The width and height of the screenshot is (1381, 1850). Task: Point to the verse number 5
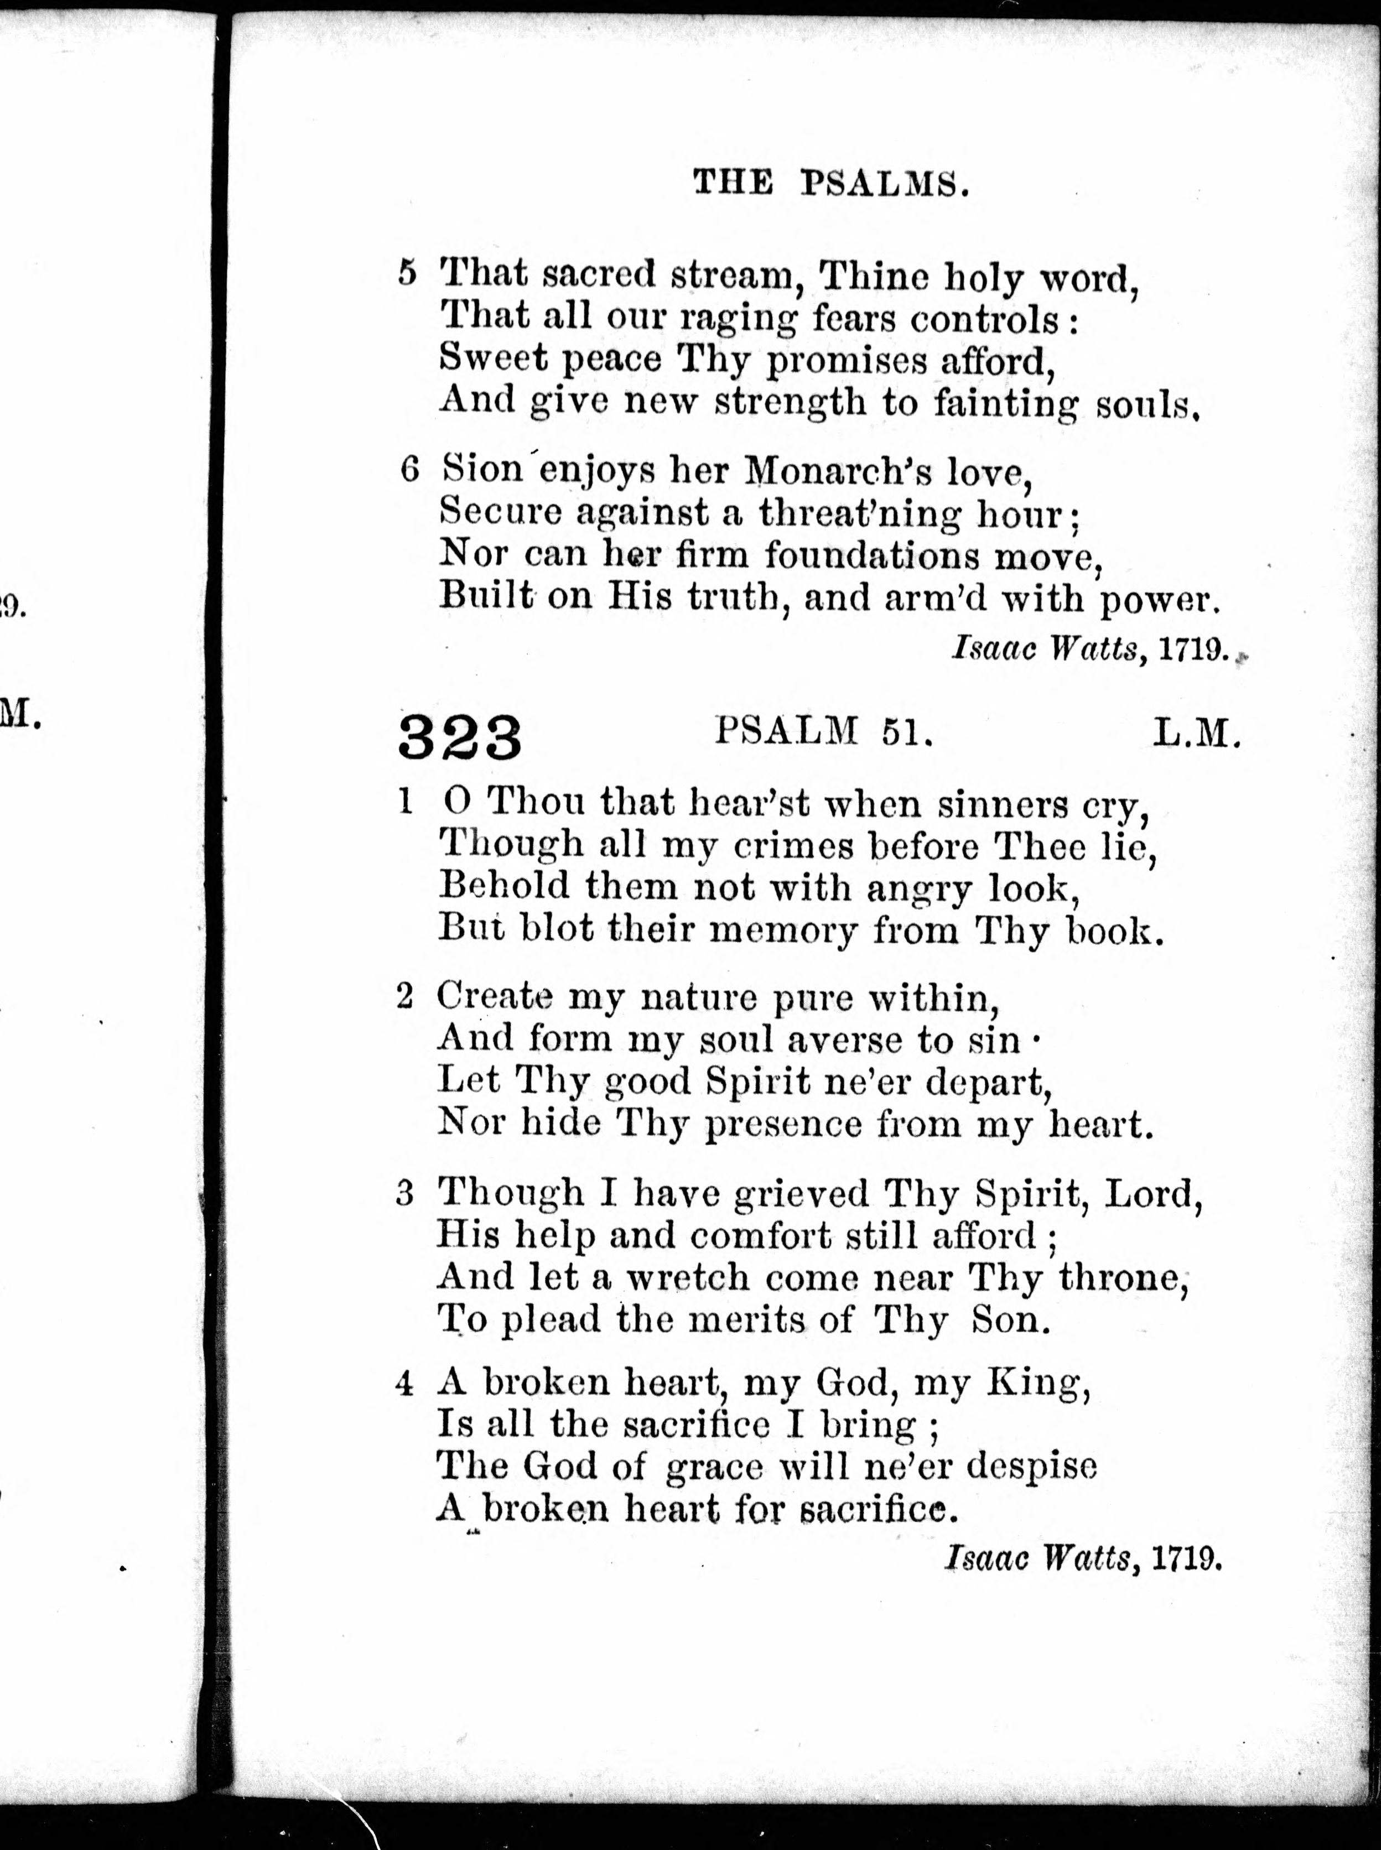pyautogui.click(x=407, y=273)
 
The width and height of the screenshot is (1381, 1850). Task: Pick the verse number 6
pyautogui.click(x=409, y=469)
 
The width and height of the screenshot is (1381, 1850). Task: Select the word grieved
pyautogui.click(x=800, y=1192)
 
